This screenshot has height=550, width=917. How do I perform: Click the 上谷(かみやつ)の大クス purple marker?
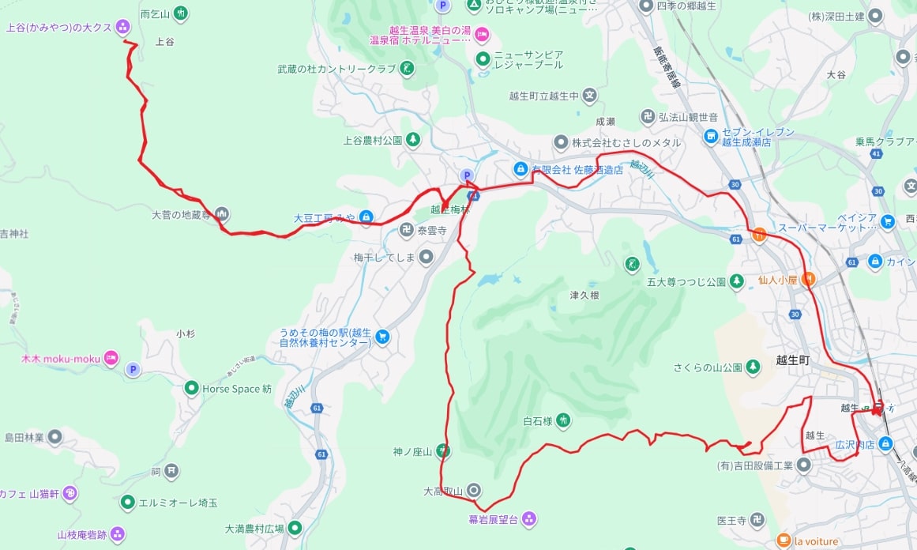(122, 28)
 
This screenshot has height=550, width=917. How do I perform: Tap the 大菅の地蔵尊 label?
(182, 214)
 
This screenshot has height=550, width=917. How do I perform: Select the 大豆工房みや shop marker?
(366, 217)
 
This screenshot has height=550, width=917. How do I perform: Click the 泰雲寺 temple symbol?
(406, 231)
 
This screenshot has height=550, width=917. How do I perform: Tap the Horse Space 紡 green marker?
(190, 389)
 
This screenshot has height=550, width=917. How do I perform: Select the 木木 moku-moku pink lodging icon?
(111, 359)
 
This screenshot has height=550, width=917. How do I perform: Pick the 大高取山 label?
(443, 491)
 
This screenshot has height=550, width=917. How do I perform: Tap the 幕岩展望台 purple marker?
(528, 519)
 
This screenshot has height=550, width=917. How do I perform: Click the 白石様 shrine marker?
(562, 420)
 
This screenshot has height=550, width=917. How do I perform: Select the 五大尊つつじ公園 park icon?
(736, 281)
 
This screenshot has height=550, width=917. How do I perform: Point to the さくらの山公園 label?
(707, 367)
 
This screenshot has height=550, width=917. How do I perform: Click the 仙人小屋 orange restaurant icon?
(809, 279)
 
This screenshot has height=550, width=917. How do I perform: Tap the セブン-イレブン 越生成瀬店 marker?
(710, 137)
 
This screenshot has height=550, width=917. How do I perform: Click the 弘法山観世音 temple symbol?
(648, 117)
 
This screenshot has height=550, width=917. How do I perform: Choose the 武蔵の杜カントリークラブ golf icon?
(407, 69)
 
